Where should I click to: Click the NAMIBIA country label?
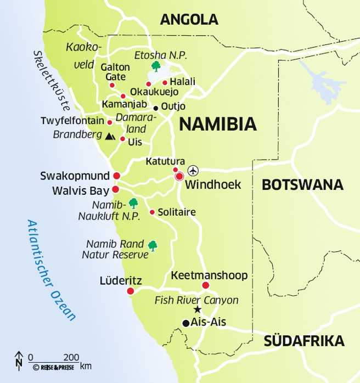tap(218, 124)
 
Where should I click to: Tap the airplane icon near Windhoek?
tap(192, 170)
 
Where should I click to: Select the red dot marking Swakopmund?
tap(116, 176)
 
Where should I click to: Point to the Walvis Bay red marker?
tap(115, 189)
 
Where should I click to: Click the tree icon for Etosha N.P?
tap(156, 67)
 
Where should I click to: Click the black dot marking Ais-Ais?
tap(186, 323)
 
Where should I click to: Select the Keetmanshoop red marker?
tap(206, 285)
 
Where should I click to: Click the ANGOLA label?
tap(189, 20)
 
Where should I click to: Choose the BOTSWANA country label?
tap(302, 185)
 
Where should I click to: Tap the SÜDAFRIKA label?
tap(304, 341)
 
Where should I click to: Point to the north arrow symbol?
tap(19, 359)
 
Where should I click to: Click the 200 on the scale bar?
tap(71, 357)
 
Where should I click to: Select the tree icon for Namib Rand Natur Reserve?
tap(152, 245)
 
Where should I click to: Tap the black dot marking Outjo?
tap(156, 108)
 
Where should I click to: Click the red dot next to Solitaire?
tap(152, 212)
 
